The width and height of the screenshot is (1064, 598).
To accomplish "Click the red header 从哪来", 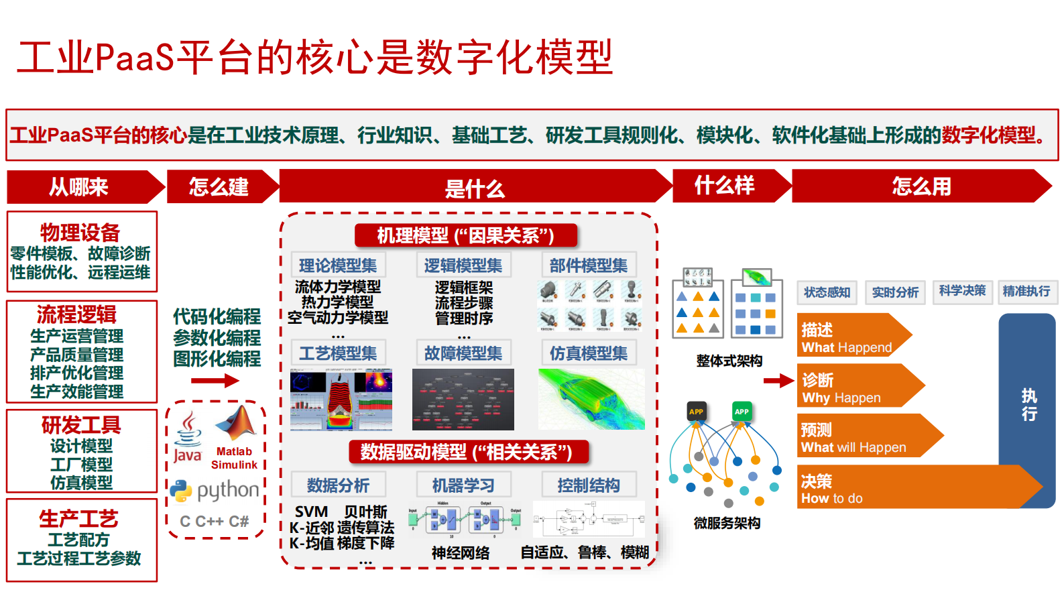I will pyautogui.click(x=79, y=187).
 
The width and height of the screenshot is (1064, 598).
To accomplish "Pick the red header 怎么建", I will pyautogui.click(x=219, y=186).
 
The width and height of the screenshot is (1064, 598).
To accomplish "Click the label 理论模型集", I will pyautogui.click(x=338, y=265).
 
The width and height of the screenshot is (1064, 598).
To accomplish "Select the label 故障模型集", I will pyautogui.click(x=463, y=353).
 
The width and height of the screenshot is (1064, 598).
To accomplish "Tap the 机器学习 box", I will pyautogui.click(x=463, y=485).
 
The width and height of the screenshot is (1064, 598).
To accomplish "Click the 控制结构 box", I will pyautogui.click(x=589, y=485).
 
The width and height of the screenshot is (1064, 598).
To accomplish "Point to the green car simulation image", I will pyautogui.click(x=591, y=399).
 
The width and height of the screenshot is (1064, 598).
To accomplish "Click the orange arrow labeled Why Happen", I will pyautogui.click(x=851, y=387).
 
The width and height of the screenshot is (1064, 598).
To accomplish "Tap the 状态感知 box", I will pyautogui.click(x=827, y=292).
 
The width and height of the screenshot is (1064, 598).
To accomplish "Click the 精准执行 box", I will pyautogui.click(x=1026, y=291).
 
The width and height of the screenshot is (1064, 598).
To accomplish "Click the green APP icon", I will pyautogui.click(x=742, y=411).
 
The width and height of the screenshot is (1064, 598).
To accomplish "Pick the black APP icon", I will pyautogui.click(x=697, y=411).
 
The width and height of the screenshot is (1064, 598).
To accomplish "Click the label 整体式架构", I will pyautogui.click(x=729, y=361).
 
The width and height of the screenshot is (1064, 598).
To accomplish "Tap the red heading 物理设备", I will pyautogui.click(x=80, y=232).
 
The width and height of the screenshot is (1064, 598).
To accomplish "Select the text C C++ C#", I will pyautogui.click(x=215, y=521).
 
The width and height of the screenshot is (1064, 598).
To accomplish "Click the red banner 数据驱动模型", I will pyautogui.click(x=467, y=452).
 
